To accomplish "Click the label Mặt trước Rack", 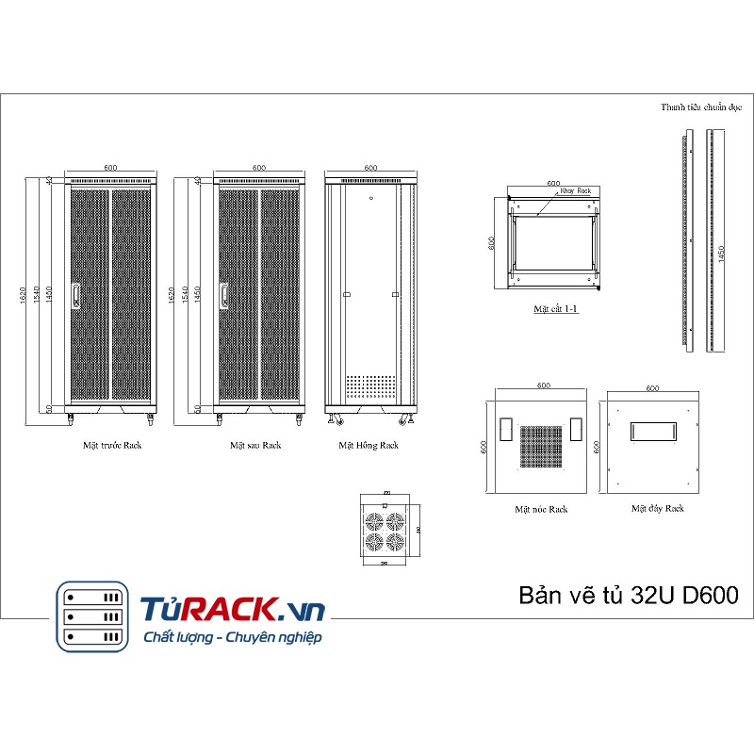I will pos(111,445).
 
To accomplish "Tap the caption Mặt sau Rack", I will pos(255,445).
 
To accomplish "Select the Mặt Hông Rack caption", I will pos(369,445).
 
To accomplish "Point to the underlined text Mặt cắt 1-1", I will pos(555,308).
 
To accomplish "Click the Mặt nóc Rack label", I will pos(541,509).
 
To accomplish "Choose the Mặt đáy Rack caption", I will pos(658,508).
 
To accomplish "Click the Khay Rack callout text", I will pos(575,190).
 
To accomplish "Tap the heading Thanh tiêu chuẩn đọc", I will pos(701,107).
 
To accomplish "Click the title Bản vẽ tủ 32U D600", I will pos(629,596).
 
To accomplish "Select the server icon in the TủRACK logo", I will pos(91,616).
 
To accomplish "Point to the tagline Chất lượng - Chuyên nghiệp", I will pos(232,638).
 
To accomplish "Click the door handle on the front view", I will pos(75,296).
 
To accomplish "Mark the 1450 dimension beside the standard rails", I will pos(722,255).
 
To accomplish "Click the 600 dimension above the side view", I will pos(369,167).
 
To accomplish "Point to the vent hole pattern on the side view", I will pos(369,386).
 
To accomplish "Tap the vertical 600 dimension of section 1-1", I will pos(492,242).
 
